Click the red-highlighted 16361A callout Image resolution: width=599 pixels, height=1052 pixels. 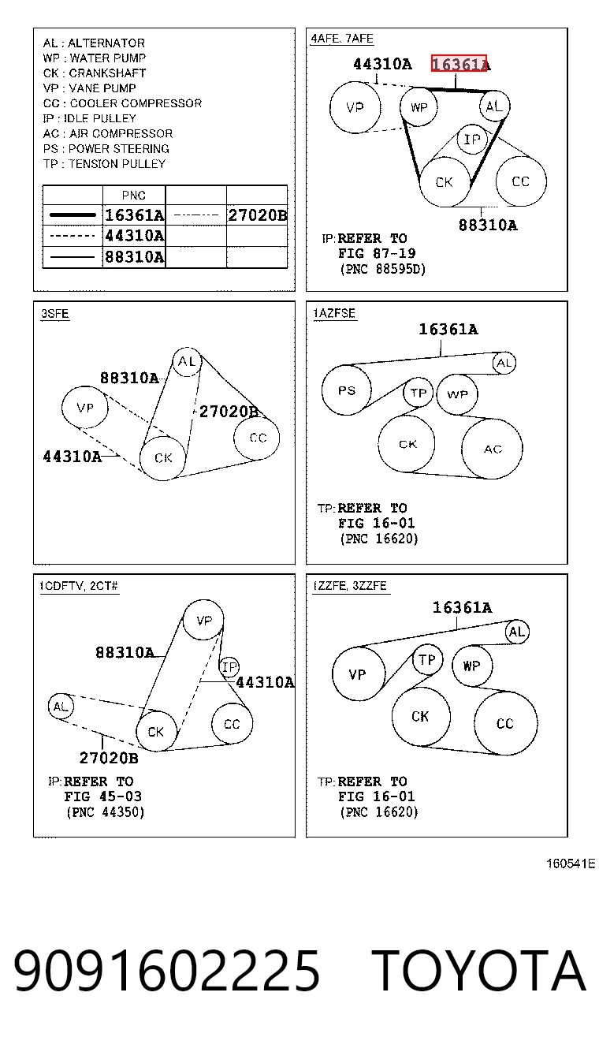coord(459,63)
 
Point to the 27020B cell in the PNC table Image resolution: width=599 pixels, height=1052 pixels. coord(257,215)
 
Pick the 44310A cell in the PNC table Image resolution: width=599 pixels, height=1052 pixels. coord(134,235)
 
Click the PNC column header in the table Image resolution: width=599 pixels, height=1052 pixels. coord(134,195)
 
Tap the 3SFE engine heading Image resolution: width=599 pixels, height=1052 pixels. coord(55,313)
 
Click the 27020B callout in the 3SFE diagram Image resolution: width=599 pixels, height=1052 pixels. coord(229,412)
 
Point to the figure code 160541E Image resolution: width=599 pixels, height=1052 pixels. coord(571,864)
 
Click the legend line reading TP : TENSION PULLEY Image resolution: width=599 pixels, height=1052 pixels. coord(104,164)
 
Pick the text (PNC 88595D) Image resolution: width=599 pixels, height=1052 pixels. coord(382,269)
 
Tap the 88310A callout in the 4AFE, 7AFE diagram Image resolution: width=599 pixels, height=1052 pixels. coord(488,225)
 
